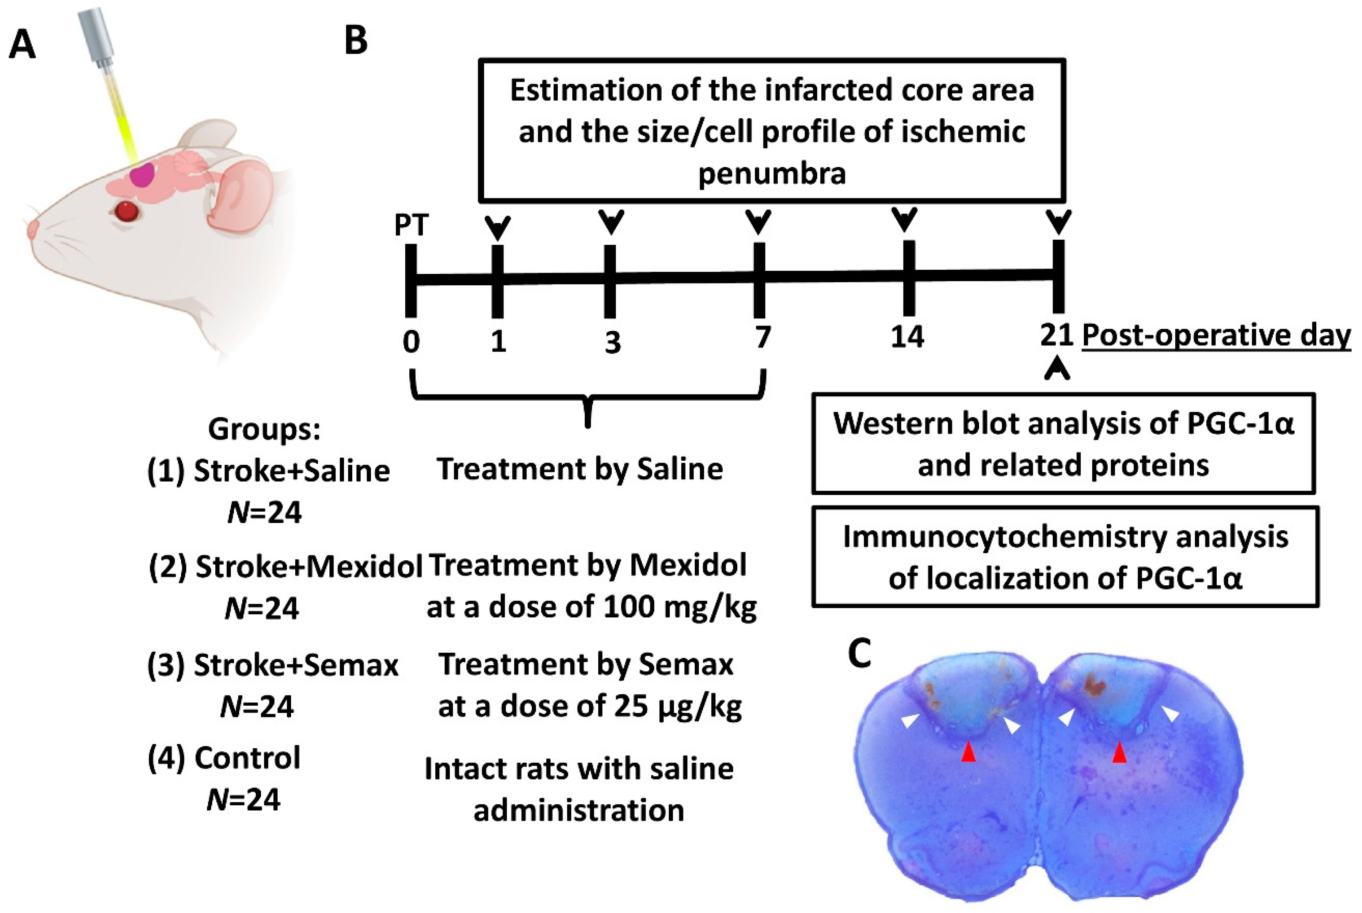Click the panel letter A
click(22, 45)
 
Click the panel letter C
click(859, 653)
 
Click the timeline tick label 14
click(907, 337)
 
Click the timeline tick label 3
click(612, 342)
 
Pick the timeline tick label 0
click(411, 341)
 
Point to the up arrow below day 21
click(1057, 370)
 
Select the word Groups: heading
click(264, 429)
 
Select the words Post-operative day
click(1216, 336)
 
